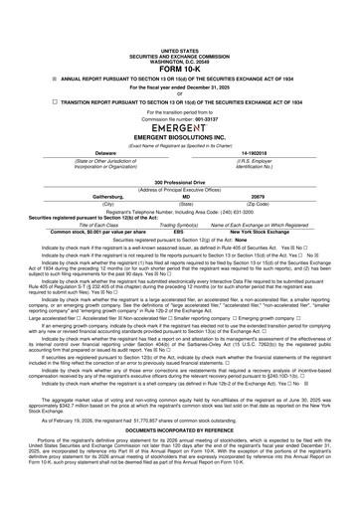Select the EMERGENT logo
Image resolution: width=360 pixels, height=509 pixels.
(x=180, y=157)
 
